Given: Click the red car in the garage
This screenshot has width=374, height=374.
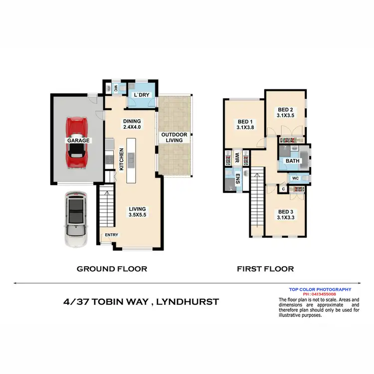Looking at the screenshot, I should (78, 142).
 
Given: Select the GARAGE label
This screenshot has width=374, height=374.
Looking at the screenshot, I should (78, 141).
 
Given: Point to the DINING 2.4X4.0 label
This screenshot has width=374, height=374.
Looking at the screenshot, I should (132, 124).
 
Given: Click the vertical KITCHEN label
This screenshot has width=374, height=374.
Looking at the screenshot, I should (121, 160).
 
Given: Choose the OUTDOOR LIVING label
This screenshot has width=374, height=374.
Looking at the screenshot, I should (174, 138).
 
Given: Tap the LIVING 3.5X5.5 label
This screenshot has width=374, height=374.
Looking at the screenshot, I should (137, 212).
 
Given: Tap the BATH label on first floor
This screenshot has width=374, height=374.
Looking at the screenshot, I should (292, 161).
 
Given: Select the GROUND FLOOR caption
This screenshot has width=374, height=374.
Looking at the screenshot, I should (112, 269).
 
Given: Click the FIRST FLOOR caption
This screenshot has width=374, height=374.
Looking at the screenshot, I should (265, 269).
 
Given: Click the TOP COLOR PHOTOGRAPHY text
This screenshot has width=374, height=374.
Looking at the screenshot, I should (320, 289).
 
